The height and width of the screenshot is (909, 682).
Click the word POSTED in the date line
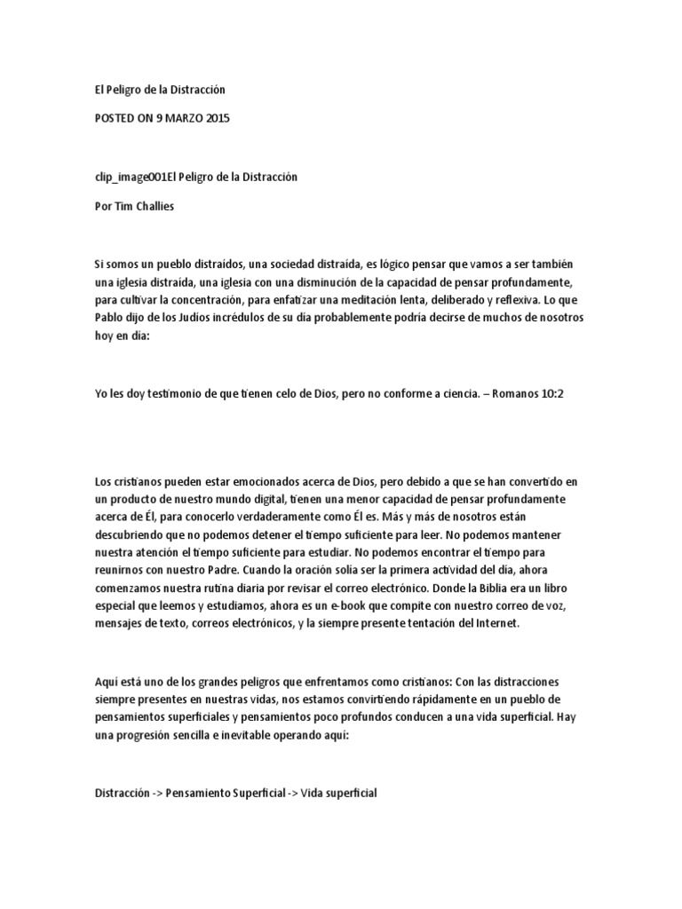point(116,117)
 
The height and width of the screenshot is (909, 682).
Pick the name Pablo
point(109,317)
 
